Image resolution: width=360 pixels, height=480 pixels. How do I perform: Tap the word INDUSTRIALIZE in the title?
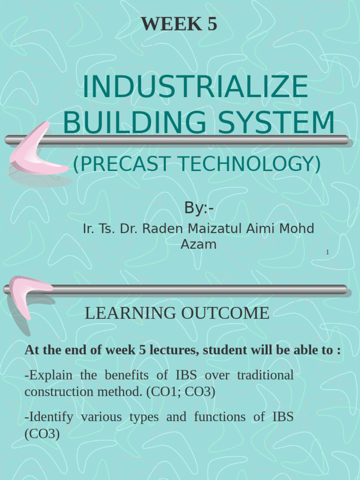click(x=195, y=88)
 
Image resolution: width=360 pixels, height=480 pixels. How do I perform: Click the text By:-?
click(x=198, y=208)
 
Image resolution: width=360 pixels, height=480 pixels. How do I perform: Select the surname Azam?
click(x=198, y=244)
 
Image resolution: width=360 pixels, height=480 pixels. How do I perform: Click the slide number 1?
click(x=328, y=253)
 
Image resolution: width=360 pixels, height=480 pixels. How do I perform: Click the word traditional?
click(x=265, y=375)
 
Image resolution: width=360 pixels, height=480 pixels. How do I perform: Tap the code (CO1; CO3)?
click(x=180, y=392)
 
